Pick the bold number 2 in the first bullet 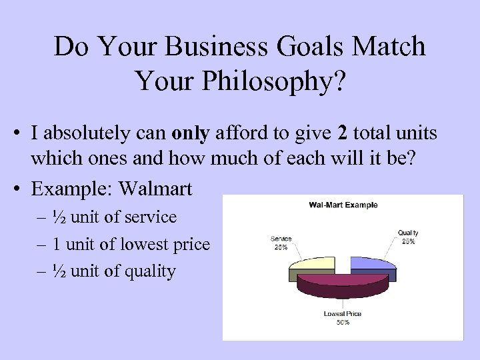point(343,133)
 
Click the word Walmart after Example point(155,189)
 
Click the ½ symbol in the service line point(58,217)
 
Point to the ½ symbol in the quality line point(58,271)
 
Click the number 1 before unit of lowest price point(57,244)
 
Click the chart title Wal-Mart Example point(343,205)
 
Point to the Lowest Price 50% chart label point(342,318)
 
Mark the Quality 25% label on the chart point(408,237)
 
